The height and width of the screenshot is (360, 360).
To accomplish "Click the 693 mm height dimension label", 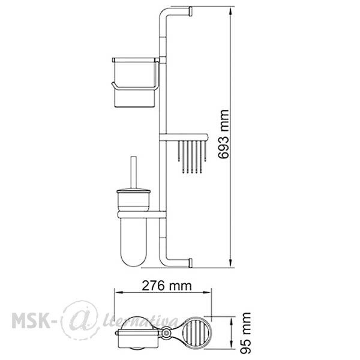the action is pyautogui.click(x=223, y=134).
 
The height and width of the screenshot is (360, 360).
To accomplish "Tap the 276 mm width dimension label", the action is pyautogui.click(x=167, y=286).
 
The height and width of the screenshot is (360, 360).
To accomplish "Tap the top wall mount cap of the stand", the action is pyautogui.click(x=190, y=12).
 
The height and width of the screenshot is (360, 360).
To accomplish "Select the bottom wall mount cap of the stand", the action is pyautogui.click(x=190, y=263).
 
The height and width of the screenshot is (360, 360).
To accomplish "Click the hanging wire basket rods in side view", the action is pyautogui.click(x=192, y=157).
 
